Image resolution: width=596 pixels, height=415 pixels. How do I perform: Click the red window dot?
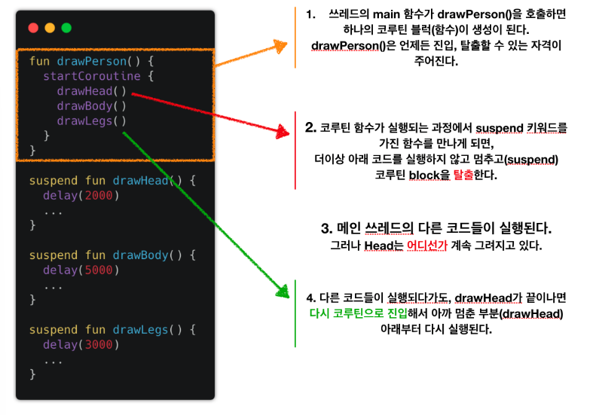click(x=33, y=28)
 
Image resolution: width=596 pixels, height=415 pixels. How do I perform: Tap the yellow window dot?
click(x=50, y=28)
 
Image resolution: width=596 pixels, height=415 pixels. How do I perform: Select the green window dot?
click(x=66, y=28)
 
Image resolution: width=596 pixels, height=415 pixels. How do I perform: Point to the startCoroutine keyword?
click(x=83, y=76)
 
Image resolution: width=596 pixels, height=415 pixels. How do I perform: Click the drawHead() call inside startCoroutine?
click(x=91, y=91)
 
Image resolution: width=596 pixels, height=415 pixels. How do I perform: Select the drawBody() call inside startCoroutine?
click(x=91, y=106)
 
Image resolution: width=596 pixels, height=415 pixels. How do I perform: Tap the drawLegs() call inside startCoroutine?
click(x=91, y=121)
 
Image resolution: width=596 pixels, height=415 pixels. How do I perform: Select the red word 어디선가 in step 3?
click(x=427, y=246)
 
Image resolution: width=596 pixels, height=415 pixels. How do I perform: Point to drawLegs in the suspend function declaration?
click(x=140, y=329)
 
